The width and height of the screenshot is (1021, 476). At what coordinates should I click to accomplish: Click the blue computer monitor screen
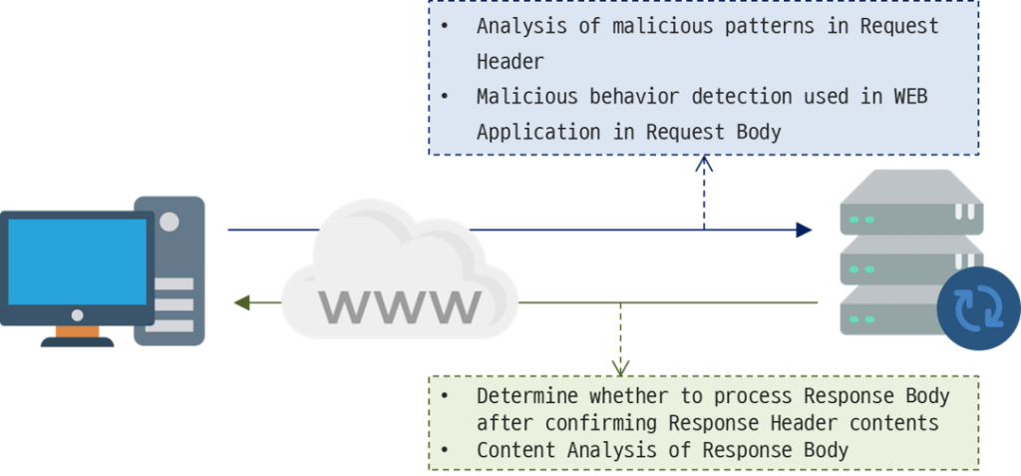coord(78,261)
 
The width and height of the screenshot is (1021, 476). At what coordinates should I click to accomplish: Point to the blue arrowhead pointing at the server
coord(804,231)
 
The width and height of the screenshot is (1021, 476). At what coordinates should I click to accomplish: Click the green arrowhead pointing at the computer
coord(240,302)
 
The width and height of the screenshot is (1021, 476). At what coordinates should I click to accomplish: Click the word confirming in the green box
coord(604,423)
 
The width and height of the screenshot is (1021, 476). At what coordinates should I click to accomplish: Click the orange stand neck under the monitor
coord(77,330)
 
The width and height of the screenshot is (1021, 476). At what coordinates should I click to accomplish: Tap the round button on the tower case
coord(170,222)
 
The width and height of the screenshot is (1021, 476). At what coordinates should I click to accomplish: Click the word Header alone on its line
coord(510,62)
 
